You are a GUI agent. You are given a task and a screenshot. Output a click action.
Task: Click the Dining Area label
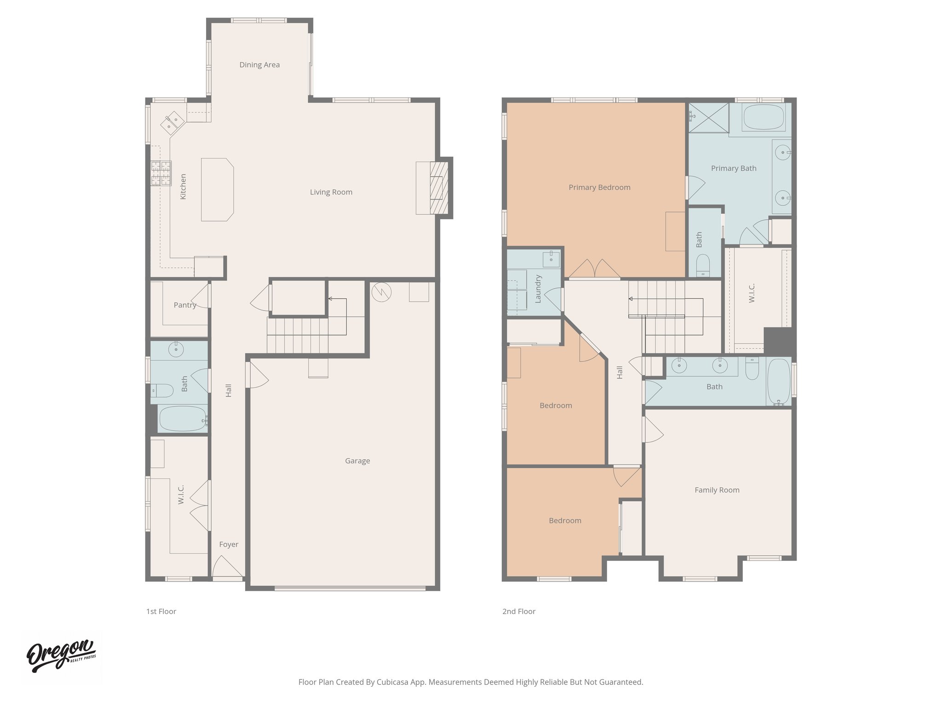(x=259, y=65)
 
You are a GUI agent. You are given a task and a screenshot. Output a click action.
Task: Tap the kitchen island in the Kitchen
(x=218, y=189)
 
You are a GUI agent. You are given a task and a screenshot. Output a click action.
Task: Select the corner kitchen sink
(x=172, y=122)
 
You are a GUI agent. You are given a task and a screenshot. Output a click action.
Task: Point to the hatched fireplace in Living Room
(x=439, y=188)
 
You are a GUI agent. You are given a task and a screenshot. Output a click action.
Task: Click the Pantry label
(x=184, y=305)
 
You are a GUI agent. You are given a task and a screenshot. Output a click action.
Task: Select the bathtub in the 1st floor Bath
(x=182, y=418)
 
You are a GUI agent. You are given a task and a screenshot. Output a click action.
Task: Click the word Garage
(x=357, y=461)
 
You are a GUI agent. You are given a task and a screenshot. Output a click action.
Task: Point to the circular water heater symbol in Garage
(x=381, y=292)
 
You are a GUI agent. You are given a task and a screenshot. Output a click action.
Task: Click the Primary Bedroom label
(x=599, y=187)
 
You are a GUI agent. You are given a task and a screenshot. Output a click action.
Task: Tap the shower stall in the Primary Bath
(x=708, y=117)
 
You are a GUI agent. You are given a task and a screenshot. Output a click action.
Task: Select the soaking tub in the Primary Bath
(x=765, y=117)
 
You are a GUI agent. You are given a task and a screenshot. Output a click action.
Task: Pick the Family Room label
(x=717, y=490)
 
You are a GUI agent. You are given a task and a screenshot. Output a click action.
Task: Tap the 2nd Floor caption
(x=519, y=611)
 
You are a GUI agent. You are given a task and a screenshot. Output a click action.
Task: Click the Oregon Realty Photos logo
(x=61, y=656)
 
